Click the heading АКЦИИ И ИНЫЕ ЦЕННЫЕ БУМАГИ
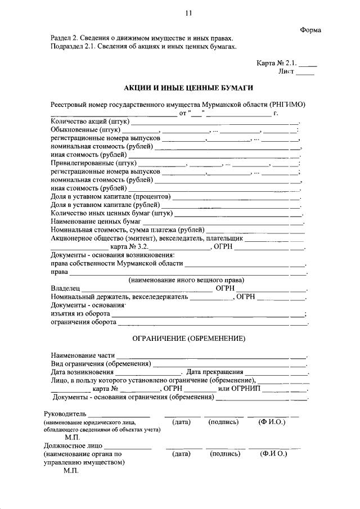pyautogui.click(x=188, y=88)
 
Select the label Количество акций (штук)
pyautogui.click(x=91, y=121)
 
